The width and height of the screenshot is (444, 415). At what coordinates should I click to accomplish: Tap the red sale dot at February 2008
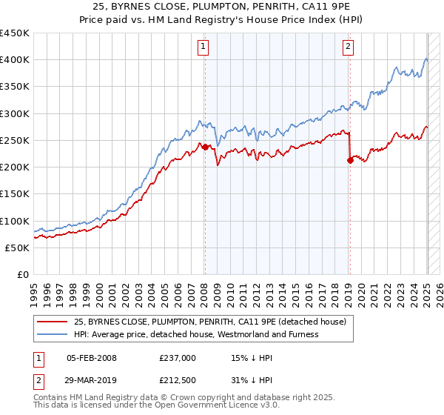(205, 147)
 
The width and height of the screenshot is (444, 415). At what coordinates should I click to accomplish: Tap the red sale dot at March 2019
(350, 161)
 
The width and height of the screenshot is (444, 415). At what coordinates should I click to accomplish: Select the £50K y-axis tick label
(18, 248)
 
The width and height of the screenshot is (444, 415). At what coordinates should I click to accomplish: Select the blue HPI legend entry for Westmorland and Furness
(196, 334)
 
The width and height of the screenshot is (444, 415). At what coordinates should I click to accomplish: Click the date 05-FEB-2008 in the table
(92, 358)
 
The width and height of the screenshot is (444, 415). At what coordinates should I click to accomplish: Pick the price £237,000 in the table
(178, 358)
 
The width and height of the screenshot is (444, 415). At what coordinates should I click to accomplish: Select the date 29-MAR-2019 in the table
(92, 380)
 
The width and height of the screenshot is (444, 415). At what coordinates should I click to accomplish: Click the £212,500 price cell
(178, 380)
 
